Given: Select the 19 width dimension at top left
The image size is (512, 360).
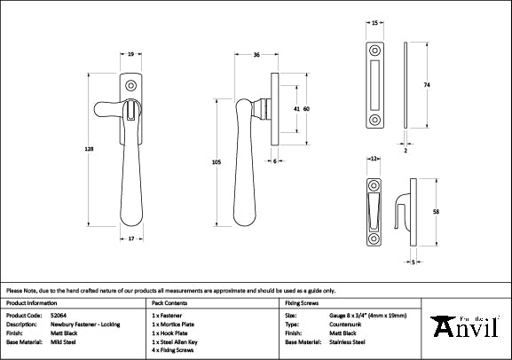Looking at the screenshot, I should [x=131, y=55].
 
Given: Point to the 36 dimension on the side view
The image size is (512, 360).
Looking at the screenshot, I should [x=256, y=55].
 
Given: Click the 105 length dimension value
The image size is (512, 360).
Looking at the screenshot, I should [x=216, y=163].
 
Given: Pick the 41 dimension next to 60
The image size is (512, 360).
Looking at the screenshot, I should [x=295, y=109].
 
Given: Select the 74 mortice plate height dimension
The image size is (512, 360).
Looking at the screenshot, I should [x=426, y=84].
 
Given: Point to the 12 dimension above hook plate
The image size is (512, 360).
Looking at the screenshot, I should [x=374, y=158].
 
